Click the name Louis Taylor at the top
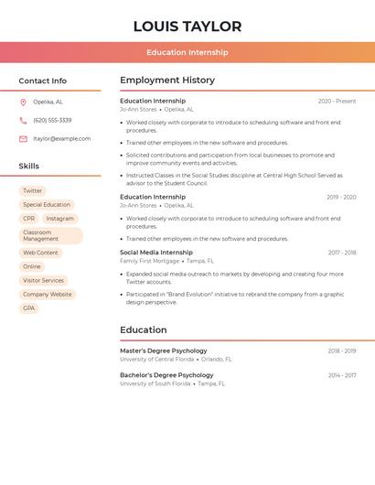coord(187,27)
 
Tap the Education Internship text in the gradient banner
coord(187,52)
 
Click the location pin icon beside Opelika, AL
coord(23,102)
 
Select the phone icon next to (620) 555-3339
coord(23,121)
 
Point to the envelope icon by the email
coord(23,139)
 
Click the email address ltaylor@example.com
coord(62,139)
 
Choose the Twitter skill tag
coord(32,191)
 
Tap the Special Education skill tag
coord(47,205)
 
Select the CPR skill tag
coord(29,219)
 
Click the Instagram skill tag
coord(60,219)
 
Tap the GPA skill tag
coord(29,308)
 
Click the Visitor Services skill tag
coord(43,280)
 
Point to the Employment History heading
coord(167,81)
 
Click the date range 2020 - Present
coord(337,102)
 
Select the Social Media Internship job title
coord(156,253)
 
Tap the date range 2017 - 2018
coord(342,253)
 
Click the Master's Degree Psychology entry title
coord(164,350)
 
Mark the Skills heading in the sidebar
coord(29,167)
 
